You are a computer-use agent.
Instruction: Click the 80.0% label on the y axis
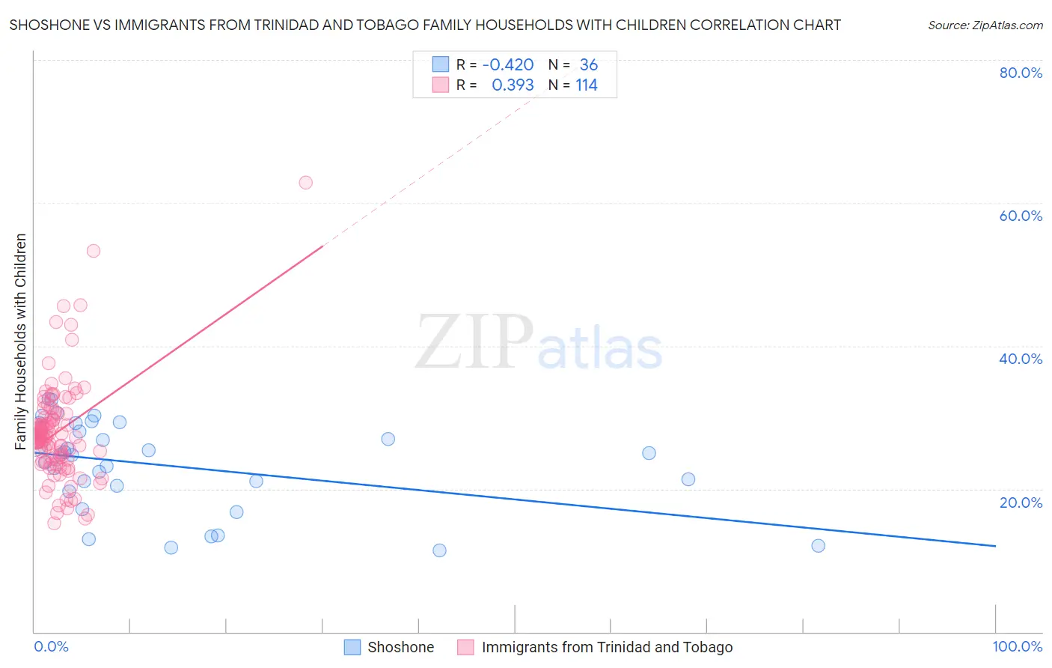click(1020, 73)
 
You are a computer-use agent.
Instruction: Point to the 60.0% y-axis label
click(1020, 216)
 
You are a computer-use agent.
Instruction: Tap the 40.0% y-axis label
click(1020, 359)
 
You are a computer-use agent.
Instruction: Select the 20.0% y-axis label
click(1020, 502)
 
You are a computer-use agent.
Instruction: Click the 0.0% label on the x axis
click(51, 647)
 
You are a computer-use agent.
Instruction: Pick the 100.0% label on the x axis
click(1017, 647)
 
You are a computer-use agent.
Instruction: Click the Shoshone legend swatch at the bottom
click(352, 647)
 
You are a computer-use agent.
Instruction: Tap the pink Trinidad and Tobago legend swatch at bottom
click(465, 647)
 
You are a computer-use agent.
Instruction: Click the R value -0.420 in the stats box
click(508, 65)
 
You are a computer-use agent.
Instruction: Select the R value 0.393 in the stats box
click(513, 85)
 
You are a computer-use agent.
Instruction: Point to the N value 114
click(587, 85)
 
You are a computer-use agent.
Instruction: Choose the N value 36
click(588, 65)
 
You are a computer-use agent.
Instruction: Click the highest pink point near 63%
click(305, 183)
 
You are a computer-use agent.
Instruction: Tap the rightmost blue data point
click(818, 546)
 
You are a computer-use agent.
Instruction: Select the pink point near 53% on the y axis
click(94, 251)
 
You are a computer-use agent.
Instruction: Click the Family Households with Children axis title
click(21, 341)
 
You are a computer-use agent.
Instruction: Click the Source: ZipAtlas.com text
click(985, 25)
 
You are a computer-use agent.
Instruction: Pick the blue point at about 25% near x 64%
click(649, 453)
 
